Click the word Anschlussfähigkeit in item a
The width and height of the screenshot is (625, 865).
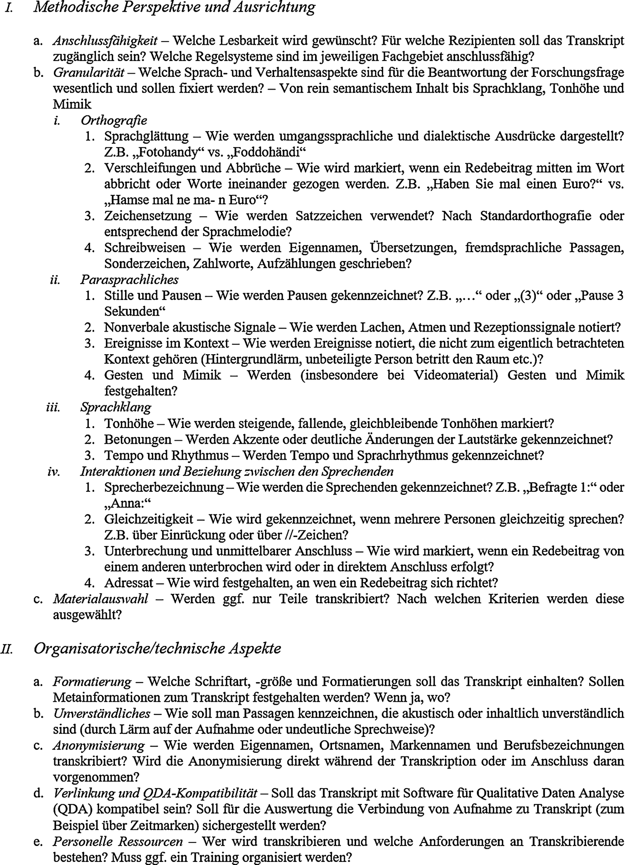pyautogui.click(x=105, y=41)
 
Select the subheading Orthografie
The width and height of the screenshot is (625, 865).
pyautogui.click(x=114, y=120)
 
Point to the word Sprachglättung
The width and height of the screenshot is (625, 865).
pyautogui.click(x=146, y=136)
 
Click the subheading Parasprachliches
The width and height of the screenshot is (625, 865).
pyautogui.click(x=129, y=280)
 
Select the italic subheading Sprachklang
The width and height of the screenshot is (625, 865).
pyautogui.click(x=115, y=407)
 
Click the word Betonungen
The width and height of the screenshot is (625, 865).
pyautogui.click(x=138, y=439)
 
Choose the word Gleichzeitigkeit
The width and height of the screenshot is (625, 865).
pyautogui.click(x=149, y=519)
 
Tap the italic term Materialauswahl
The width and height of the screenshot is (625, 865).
pyautogui.click(x=101, y=599)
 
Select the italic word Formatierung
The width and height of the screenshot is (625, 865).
pyautogui.click(x=92, y=681)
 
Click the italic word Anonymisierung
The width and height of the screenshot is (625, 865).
pyautogui.click(x=99, y=745)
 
